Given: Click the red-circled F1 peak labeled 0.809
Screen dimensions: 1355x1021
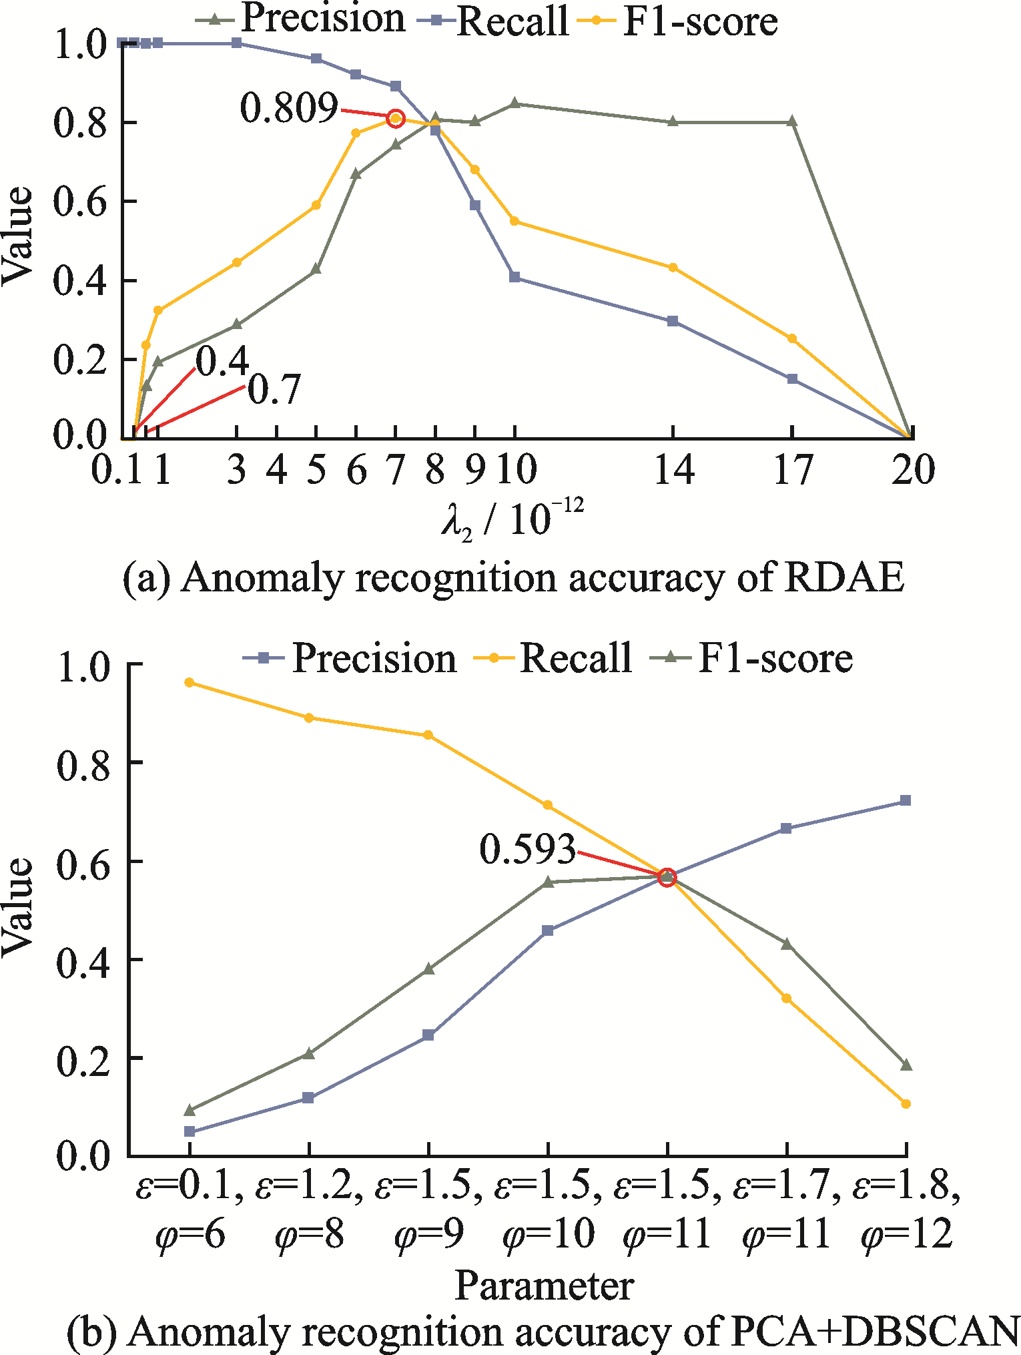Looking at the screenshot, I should pos(396,119).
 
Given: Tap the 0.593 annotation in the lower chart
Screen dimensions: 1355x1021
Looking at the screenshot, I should pos(527,850).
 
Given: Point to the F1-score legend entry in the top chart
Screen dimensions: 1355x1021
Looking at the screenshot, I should pos(700,21).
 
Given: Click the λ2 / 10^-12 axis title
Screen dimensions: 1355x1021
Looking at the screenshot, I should pos(513,519).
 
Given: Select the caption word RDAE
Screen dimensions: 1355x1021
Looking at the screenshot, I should pos(844,577).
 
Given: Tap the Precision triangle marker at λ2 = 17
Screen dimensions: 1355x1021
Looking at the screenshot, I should pos(793,121).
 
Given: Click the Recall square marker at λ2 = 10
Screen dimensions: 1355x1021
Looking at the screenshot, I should pos(515,277).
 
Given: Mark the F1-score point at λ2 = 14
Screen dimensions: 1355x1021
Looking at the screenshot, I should pos(673,268).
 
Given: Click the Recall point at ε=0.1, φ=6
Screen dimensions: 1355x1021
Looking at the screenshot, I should pos(190,682).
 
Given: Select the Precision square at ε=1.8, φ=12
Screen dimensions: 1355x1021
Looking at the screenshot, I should pos(906,800).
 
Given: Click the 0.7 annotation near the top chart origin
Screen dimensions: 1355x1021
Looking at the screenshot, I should pos(274,390).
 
